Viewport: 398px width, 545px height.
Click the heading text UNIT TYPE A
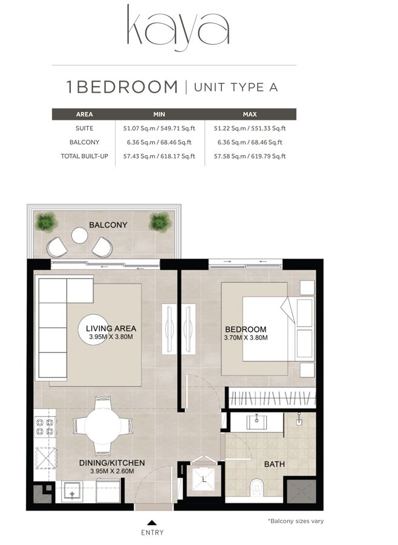(x=235, y=87)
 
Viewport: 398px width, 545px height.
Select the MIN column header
(x=160, y=114)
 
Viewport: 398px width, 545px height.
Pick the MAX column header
(x=249, y=114)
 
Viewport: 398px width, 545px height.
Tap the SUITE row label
(x=83, y=128)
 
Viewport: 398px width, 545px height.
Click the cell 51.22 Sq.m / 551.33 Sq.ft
(x=249, y=128)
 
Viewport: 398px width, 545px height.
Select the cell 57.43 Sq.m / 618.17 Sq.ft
(x=160, y=156)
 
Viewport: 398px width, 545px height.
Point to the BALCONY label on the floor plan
(x=108, y=225)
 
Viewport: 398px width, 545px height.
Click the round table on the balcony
(x=80, y=235)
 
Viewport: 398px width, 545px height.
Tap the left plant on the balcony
(x=46, y=222)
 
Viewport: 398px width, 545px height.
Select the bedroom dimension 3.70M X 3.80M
(x=245, y=337)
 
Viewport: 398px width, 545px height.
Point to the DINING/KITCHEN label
(x=113, y=463)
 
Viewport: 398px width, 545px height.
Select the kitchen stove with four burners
(x=45, y=427)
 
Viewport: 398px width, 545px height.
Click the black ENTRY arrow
(x=152, y=521)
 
